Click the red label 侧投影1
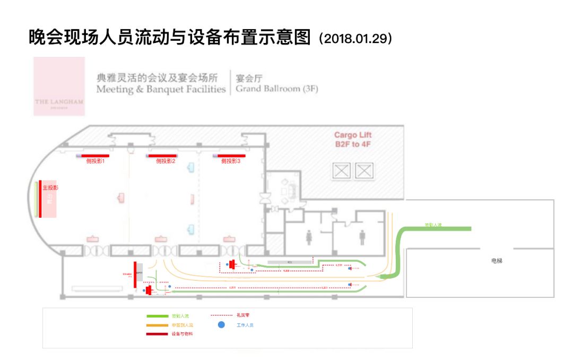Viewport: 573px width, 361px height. point(95,161)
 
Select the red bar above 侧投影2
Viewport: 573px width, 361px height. point(162,156)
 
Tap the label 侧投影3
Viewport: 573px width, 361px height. point(231,161)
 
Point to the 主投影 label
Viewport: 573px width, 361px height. point(50,188)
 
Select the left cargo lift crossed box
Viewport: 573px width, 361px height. point(342,170)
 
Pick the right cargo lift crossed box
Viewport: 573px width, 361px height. point(364,170)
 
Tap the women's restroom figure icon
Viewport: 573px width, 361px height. point(309,237)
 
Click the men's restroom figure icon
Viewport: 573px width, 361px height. point(362,237)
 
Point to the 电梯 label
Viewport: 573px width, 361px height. point(497,261)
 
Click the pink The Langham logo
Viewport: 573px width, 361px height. point(59,87)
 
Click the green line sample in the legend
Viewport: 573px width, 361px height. point(157,316)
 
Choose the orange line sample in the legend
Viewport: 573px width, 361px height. point(157,325)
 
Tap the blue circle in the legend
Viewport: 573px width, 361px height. point(221,324)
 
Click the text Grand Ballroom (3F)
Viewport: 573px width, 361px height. point(277,89)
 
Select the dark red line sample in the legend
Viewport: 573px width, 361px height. point(157,334)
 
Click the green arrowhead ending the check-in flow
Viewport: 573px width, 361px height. point(386,277)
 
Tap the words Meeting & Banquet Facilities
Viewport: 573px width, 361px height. point(161,89)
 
